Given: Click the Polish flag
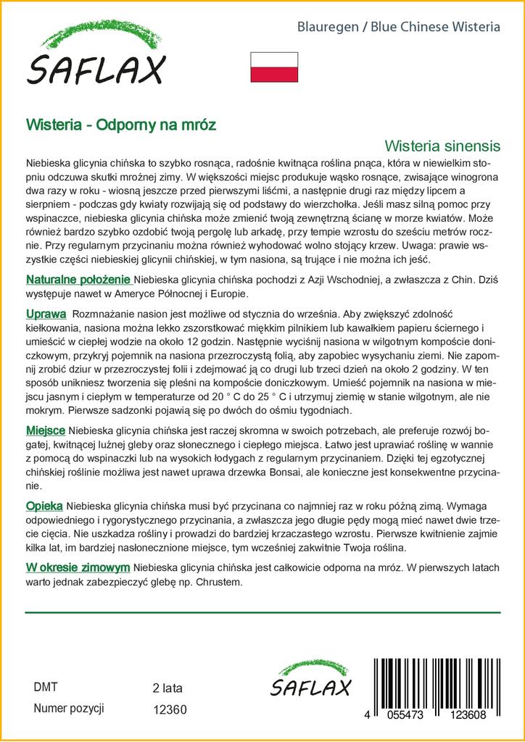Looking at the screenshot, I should coord(274,67).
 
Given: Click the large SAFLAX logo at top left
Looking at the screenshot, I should coord(96,57).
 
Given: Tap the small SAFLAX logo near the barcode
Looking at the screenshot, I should coord(310,681).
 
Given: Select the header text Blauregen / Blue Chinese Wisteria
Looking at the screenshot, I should coord(399,27).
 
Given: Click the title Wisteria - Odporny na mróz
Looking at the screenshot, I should coord(120,124).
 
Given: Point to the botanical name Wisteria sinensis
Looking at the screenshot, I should coord(442,144).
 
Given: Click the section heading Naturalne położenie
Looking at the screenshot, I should coord(78,280).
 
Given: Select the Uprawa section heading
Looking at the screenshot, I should coord(46,314).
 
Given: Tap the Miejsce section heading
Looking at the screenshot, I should coord(46,430).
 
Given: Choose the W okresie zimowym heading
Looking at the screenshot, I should coord(78,567).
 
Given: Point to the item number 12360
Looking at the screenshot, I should coord(170,710).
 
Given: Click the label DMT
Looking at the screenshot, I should coord(46,687).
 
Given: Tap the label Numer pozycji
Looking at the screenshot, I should coord(70,709).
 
